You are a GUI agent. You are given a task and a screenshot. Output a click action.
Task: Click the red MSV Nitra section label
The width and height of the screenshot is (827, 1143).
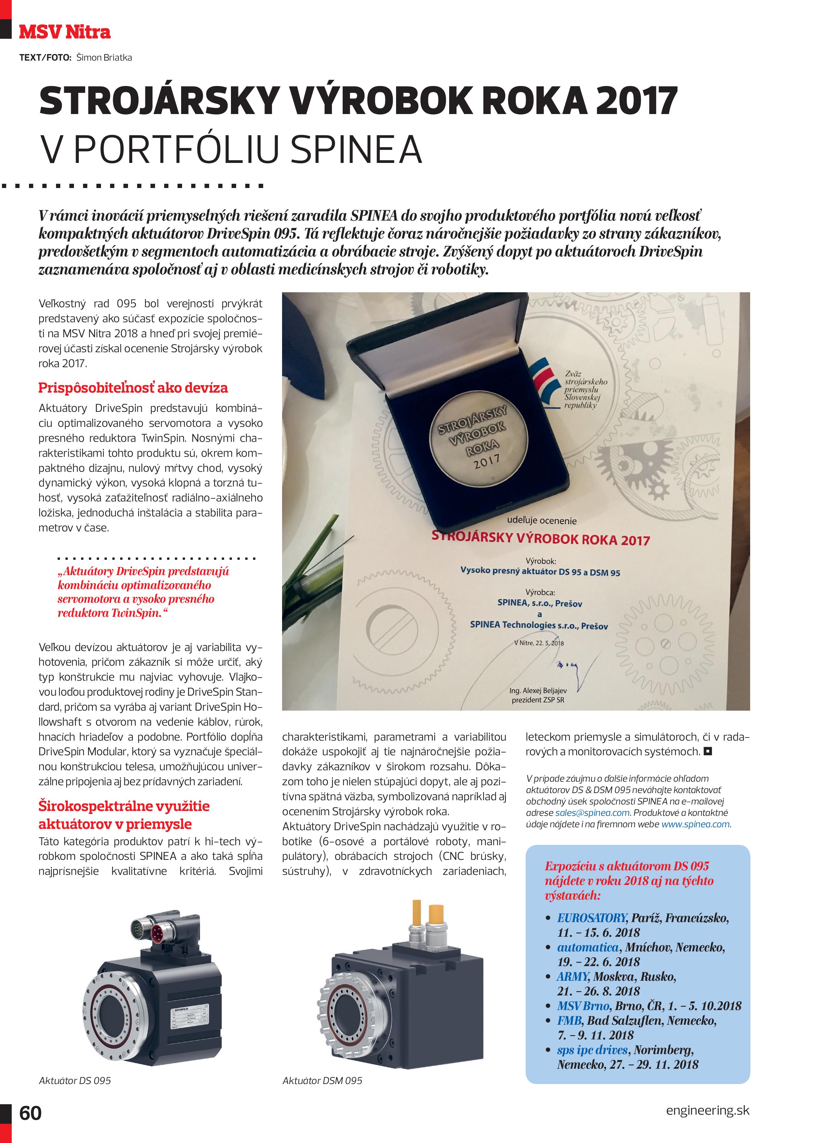coord(64,32)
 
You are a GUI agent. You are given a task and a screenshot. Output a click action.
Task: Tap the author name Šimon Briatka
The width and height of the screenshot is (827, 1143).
coord(104,57)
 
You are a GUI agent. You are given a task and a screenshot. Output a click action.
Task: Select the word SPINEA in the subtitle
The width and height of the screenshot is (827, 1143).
coord(356,149)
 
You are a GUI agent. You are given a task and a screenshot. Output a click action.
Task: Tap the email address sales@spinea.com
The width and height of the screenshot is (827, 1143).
coord(592,813)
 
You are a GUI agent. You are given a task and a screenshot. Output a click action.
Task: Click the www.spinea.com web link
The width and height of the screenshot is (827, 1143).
coord(695,824)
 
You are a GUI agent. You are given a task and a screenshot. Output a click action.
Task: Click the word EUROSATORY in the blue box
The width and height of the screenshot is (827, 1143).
coord(592,918)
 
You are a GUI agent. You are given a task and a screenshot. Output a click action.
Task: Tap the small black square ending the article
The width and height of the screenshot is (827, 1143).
coord(708,752)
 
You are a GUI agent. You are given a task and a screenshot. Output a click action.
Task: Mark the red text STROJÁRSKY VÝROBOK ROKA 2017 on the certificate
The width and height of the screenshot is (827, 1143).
coord(540,539)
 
